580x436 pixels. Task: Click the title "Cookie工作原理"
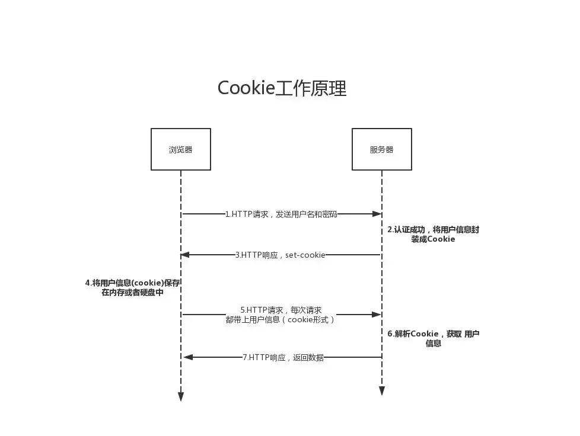tap(282, 88)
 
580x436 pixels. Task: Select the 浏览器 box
tap(180, 149)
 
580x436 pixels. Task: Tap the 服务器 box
tap(381, 149)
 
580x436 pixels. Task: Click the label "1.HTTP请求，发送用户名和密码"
tap(281, 214)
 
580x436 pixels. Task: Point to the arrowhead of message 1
tap(377, 214)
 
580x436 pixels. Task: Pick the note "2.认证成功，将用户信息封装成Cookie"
tap(433, 235)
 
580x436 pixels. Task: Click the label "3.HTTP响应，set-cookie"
tap(280, 255)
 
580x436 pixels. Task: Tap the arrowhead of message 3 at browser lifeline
tap(185, 255)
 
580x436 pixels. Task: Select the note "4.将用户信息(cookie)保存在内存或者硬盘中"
tap(132, 287)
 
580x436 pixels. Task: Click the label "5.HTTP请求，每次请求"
tap(281, 310)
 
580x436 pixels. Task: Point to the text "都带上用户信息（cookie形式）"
tap(281, 319)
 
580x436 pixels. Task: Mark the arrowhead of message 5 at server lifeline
tap(377, 315)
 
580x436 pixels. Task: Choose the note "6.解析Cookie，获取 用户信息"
tap(433, 338)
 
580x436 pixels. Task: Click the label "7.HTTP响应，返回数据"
tap(283, 357)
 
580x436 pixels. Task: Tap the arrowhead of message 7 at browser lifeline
tap(188, 357)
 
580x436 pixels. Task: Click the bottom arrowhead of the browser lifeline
tap(181, 396)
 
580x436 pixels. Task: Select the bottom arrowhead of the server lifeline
tap(382, 391)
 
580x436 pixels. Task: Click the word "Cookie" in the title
tap(246, 88)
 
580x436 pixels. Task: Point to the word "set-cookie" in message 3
tap(305, 255)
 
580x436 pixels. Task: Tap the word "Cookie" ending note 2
tap(441, 239)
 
